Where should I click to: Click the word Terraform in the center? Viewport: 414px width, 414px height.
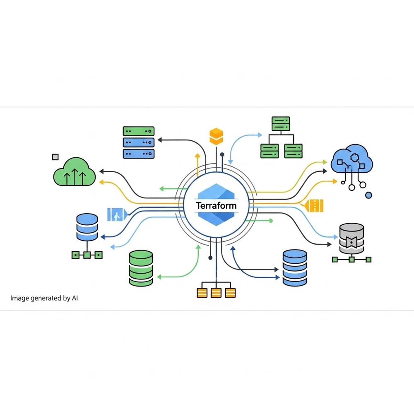click(x=216, y=205)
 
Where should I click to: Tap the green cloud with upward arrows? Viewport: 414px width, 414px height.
click(x=75, y=171)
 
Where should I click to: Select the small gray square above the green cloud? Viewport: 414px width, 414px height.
click(x=55, y=156)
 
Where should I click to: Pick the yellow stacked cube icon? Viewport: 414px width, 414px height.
click(x=216, y=136)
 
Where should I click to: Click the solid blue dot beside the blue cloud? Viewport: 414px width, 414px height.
click(x=368, y=195)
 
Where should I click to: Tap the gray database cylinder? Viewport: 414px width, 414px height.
click(x=351, y=238)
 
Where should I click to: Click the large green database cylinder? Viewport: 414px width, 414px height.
click(x=141, y=267)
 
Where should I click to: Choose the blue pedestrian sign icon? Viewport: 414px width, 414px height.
click(x=116, y=214)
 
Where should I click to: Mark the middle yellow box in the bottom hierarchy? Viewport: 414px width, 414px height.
click(x=216, y=293)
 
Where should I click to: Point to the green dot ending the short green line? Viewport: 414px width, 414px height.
click(x=271, y=221)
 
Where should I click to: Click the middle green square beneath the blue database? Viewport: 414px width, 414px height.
click(x=87, y=255)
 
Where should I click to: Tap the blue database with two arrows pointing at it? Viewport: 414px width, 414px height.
click(x=294, y=267)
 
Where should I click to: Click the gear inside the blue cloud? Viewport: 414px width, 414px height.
click(x=354, y=157)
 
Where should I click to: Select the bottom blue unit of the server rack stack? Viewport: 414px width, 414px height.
click(x=138, y=153)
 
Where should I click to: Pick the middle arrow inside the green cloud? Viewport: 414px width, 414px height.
click(x=75, y=176)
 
